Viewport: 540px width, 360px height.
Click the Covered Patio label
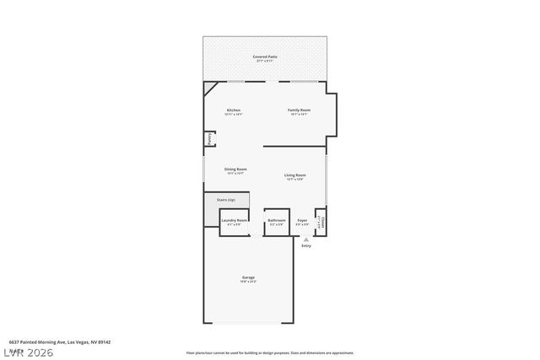[x=265, y=56]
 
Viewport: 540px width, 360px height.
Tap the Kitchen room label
[x=234, y=110]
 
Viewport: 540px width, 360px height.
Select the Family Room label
[x=300, y=110]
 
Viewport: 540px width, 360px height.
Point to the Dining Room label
[x=235, y=169]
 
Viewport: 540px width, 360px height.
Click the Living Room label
[x=294, y=175]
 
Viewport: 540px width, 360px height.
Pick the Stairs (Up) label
[x=226, y=200]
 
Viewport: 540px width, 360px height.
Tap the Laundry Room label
[x=235, y=221]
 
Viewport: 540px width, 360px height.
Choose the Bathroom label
[x=277, y=221]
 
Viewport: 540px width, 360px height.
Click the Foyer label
[x=302, y=221]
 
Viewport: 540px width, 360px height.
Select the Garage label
[x=249, y=277]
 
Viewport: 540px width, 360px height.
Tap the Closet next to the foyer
[x=321, y=223]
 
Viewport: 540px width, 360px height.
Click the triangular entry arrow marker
[x=305, y=239]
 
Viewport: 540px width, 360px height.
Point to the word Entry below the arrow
[x=305, y=246]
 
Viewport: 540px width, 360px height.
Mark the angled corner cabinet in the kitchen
[x=211, y=89]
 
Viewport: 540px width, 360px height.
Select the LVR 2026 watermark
[x=27, y=352]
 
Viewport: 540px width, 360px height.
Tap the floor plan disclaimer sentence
[x=270, y=353]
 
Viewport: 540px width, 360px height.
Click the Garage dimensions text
[x=249, y=282]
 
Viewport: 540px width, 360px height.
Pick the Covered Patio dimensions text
[x=265, y=61]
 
